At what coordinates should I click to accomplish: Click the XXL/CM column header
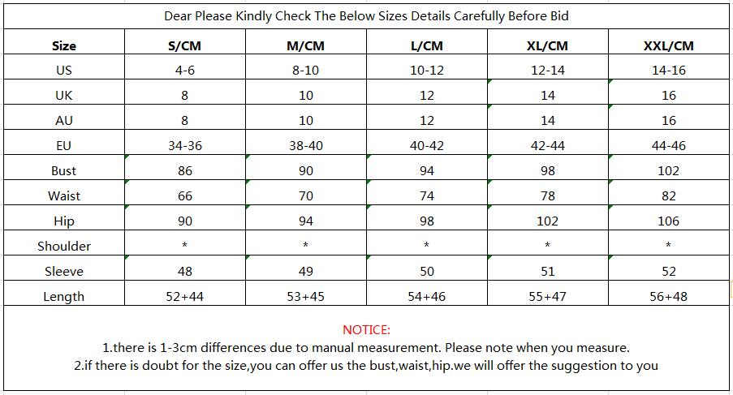[668, 45]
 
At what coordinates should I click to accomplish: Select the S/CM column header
[184, 45]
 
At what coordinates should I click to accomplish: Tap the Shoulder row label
[63, 246]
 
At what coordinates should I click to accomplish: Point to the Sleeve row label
[63, 271]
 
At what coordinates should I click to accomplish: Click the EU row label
[63, 145]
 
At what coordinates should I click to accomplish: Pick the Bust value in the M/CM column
[305, 170]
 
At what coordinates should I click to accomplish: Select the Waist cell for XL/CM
[547, 195]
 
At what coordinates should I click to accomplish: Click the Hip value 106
[668, 221]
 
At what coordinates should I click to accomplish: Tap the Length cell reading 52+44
[184, 296]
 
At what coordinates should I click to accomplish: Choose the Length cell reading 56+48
[668, 296]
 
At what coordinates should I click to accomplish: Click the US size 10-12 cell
[427, 70]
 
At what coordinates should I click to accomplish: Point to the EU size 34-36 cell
[184, 145]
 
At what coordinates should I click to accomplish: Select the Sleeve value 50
[427, 271]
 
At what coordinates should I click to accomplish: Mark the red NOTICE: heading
[366, 329]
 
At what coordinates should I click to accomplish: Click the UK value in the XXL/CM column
[668, 95]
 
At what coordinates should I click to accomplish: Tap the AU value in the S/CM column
[184, 120]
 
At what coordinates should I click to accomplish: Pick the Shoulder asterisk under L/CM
[427, 246]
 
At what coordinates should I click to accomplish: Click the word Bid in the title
[558, 15]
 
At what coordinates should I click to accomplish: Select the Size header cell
[63, 45]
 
